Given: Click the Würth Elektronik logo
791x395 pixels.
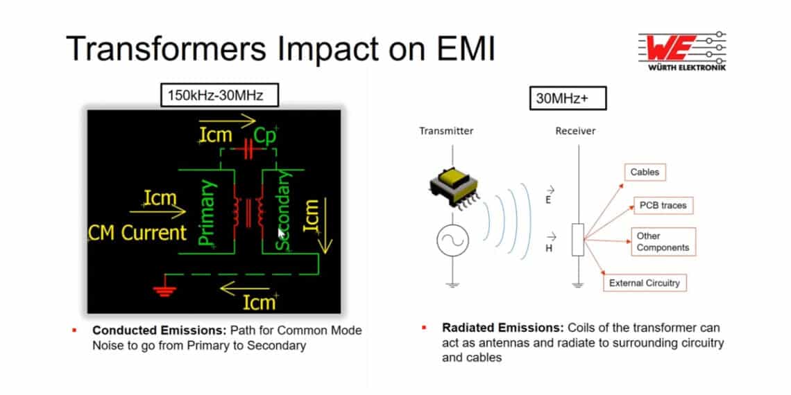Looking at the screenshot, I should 681,51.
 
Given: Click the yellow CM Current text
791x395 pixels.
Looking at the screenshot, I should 138,233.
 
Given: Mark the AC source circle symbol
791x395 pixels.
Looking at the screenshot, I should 451,240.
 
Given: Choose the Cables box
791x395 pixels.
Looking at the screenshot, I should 645,172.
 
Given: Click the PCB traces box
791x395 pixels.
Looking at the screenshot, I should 662,206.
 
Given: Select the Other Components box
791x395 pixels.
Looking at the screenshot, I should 663,242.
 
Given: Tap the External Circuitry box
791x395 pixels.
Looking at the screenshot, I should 644,283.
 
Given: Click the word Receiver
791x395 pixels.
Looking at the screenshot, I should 575,131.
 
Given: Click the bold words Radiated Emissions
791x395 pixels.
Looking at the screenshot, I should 502,328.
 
